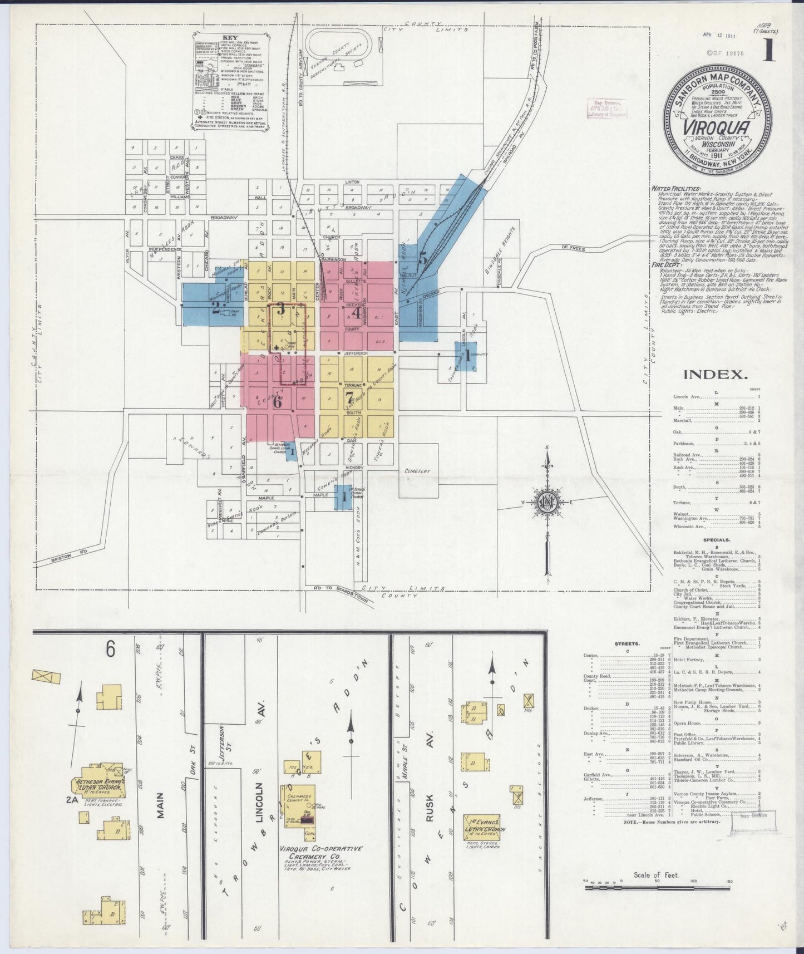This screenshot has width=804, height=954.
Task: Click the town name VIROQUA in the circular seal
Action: (714, 124)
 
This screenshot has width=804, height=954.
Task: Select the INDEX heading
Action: (714, 375)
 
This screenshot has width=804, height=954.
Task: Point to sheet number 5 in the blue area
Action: (423, 258)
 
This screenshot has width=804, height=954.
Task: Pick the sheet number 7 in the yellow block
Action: (349, 397)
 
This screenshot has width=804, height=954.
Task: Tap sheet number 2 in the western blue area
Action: (215, 308)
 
